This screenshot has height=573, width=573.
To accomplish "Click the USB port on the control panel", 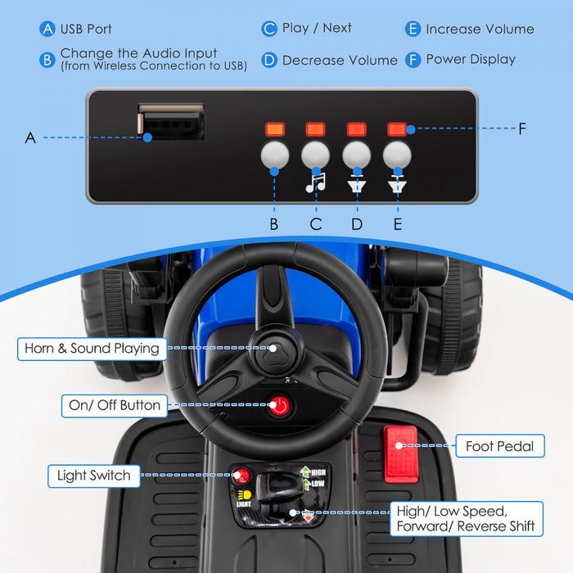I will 170,121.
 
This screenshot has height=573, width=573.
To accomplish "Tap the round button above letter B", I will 274,156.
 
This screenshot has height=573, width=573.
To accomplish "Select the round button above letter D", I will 356,156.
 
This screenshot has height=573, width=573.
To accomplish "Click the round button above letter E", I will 397,156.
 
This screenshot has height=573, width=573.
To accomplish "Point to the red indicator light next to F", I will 397,129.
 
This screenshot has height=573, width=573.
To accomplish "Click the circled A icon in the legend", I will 47,29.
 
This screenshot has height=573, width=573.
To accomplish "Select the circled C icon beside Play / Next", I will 269,29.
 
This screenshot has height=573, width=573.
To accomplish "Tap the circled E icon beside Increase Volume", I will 413,29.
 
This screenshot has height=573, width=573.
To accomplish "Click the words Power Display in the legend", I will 471,59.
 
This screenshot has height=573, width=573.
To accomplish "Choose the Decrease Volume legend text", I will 340,60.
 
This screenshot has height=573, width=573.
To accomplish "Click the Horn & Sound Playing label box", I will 92,349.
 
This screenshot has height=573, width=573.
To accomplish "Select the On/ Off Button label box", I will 115,405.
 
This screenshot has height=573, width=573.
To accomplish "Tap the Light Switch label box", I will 93,475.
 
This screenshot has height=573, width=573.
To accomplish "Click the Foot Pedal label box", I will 499,446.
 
